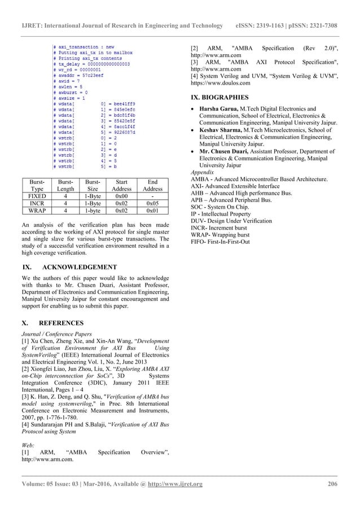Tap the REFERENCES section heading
60,323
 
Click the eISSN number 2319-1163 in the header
283,10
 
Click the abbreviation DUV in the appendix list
199,221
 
